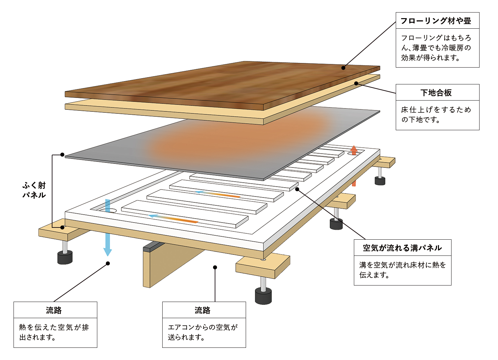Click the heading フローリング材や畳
tap(435, 21)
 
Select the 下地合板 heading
tap(436, 93)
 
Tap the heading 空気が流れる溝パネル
tap(402, 248)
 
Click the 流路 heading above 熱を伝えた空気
tap(54, 310)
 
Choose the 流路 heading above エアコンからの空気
tap(202, 310)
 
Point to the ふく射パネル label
tap(34, 190)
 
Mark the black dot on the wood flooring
tap(343, 68)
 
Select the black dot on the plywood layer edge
tap(356, 83)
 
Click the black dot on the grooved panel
tap(297, 189)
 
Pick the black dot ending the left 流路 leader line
tap(108, 263)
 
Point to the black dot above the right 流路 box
tap(215, 267)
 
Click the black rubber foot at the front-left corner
tap(65, 258)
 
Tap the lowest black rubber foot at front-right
tap(263, 296)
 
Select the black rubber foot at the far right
tap(380, 181)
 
